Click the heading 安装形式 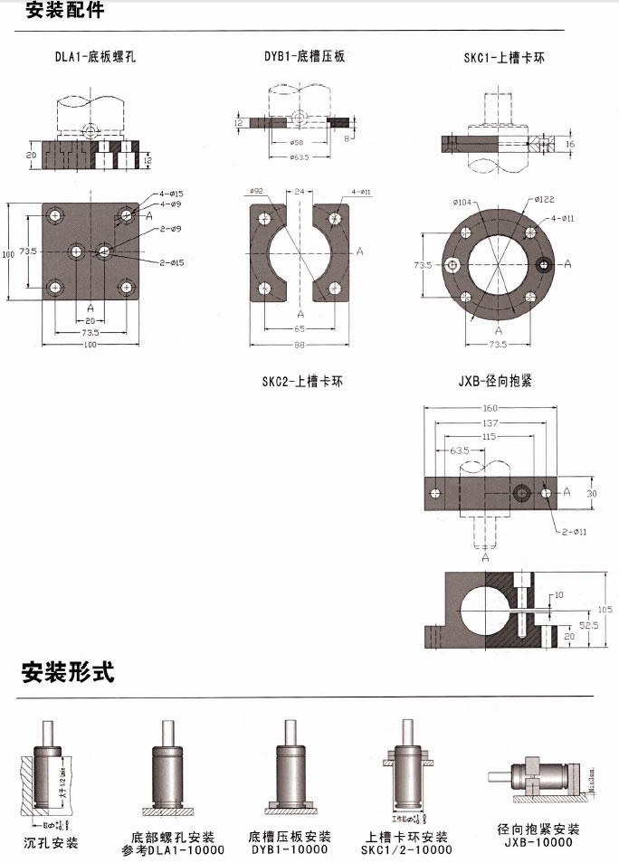pyautogui.click(x=68, y=673)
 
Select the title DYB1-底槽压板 pyautogui.click(x=304, y=56)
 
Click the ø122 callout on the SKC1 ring pyautogui.click(x=545, y=199)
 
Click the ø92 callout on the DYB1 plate pyautogui.click(x=255, y=191)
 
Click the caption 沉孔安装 pyautogui.click(x=50, y=843)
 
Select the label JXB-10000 pyautogui.click(x=536, y=842)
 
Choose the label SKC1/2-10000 pyautogui.click(x=406, y=849)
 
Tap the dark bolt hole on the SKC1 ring pyautogui.click(x=545, y=264)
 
